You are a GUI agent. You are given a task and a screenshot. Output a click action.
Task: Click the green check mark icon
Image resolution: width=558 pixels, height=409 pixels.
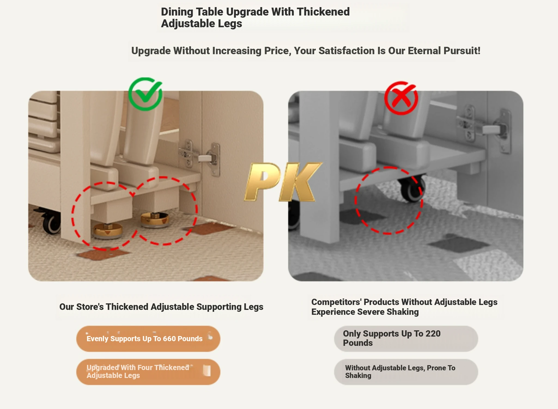(145, 94)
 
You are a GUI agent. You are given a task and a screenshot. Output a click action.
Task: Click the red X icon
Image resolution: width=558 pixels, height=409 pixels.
(401, 98)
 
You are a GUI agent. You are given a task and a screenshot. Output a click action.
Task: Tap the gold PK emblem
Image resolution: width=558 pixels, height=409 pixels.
(283, 182)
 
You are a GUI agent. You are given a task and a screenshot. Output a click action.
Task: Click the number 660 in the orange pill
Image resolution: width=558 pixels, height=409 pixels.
(169, 339)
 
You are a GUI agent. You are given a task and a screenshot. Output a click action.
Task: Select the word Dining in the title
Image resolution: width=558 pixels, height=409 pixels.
(177, 12)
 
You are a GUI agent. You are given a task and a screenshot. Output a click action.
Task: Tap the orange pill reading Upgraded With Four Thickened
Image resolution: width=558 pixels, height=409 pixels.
(148, 372)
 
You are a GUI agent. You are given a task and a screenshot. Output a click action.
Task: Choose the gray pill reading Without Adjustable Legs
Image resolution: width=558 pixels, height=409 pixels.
(406, 372)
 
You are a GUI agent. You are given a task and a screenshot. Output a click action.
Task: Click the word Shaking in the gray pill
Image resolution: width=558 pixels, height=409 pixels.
(358, 376)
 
